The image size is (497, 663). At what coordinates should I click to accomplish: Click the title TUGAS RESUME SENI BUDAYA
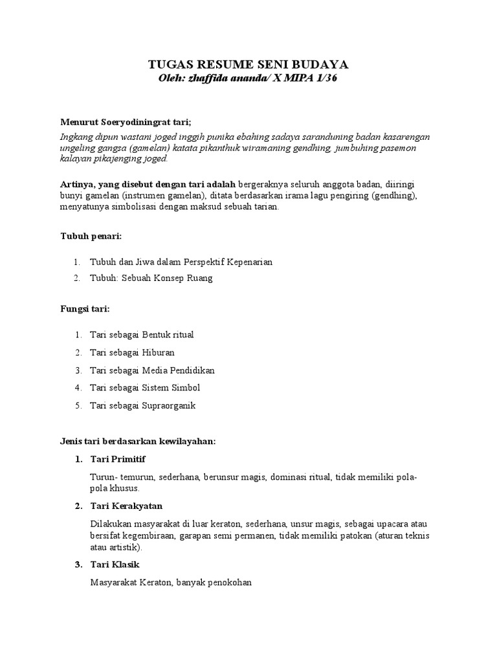[248, 64]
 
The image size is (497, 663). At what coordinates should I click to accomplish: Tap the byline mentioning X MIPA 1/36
[248, 78]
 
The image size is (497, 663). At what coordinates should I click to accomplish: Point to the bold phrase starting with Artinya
[148, 185]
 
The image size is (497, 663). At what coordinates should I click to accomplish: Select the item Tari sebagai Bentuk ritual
[142, 335]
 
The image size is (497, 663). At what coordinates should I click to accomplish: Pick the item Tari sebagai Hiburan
[132, 353]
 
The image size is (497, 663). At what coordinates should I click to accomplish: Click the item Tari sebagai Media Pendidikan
[152, 370]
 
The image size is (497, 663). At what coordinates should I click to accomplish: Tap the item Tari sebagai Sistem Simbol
[145, 388]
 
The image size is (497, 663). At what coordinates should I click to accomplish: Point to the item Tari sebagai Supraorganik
[142, 405]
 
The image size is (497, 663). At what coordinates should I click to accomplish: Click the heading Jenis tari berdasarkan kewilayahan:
[138, 442]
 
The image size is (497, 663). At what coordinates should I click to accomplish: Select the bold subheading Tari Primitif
[118, 459]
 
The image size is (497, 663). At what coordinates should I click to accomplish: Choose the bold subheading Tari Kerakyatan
[126, 506]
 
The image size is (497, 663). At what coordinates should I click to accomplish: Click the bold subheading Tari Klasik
[115, 565]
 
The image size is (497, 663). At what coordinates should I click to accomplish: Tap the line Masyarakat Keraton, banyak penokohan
[170, 583]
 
